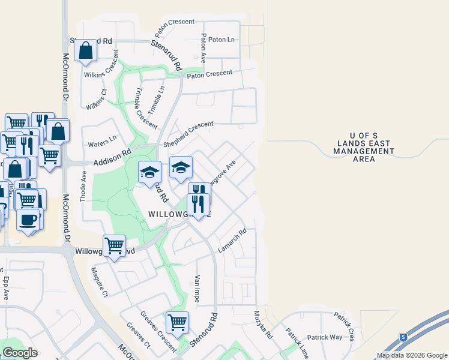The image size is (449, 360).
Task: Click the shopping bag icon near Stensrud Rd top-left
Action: [x=86, y=52]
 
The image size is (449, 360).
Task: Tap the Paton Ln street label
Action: [x=222, y=40]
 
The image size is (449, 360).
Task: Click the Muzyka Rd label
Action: [x=263, y=326]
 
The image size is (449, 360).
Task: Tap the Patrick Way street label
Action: [x=324, y=337]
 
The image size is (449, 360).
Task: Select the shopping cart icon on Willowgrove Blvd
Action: [x=114, y=246]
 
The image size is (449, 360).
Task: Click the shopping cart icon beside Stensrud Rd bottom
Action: [x=177, y=323]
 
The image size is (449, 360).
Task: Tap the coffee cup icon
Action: [x=28, y=219]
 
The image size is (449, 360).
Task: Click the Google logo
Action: [x=20, y=352]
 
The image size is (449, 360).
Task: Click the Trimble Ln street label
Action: [x=155, y=100]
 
